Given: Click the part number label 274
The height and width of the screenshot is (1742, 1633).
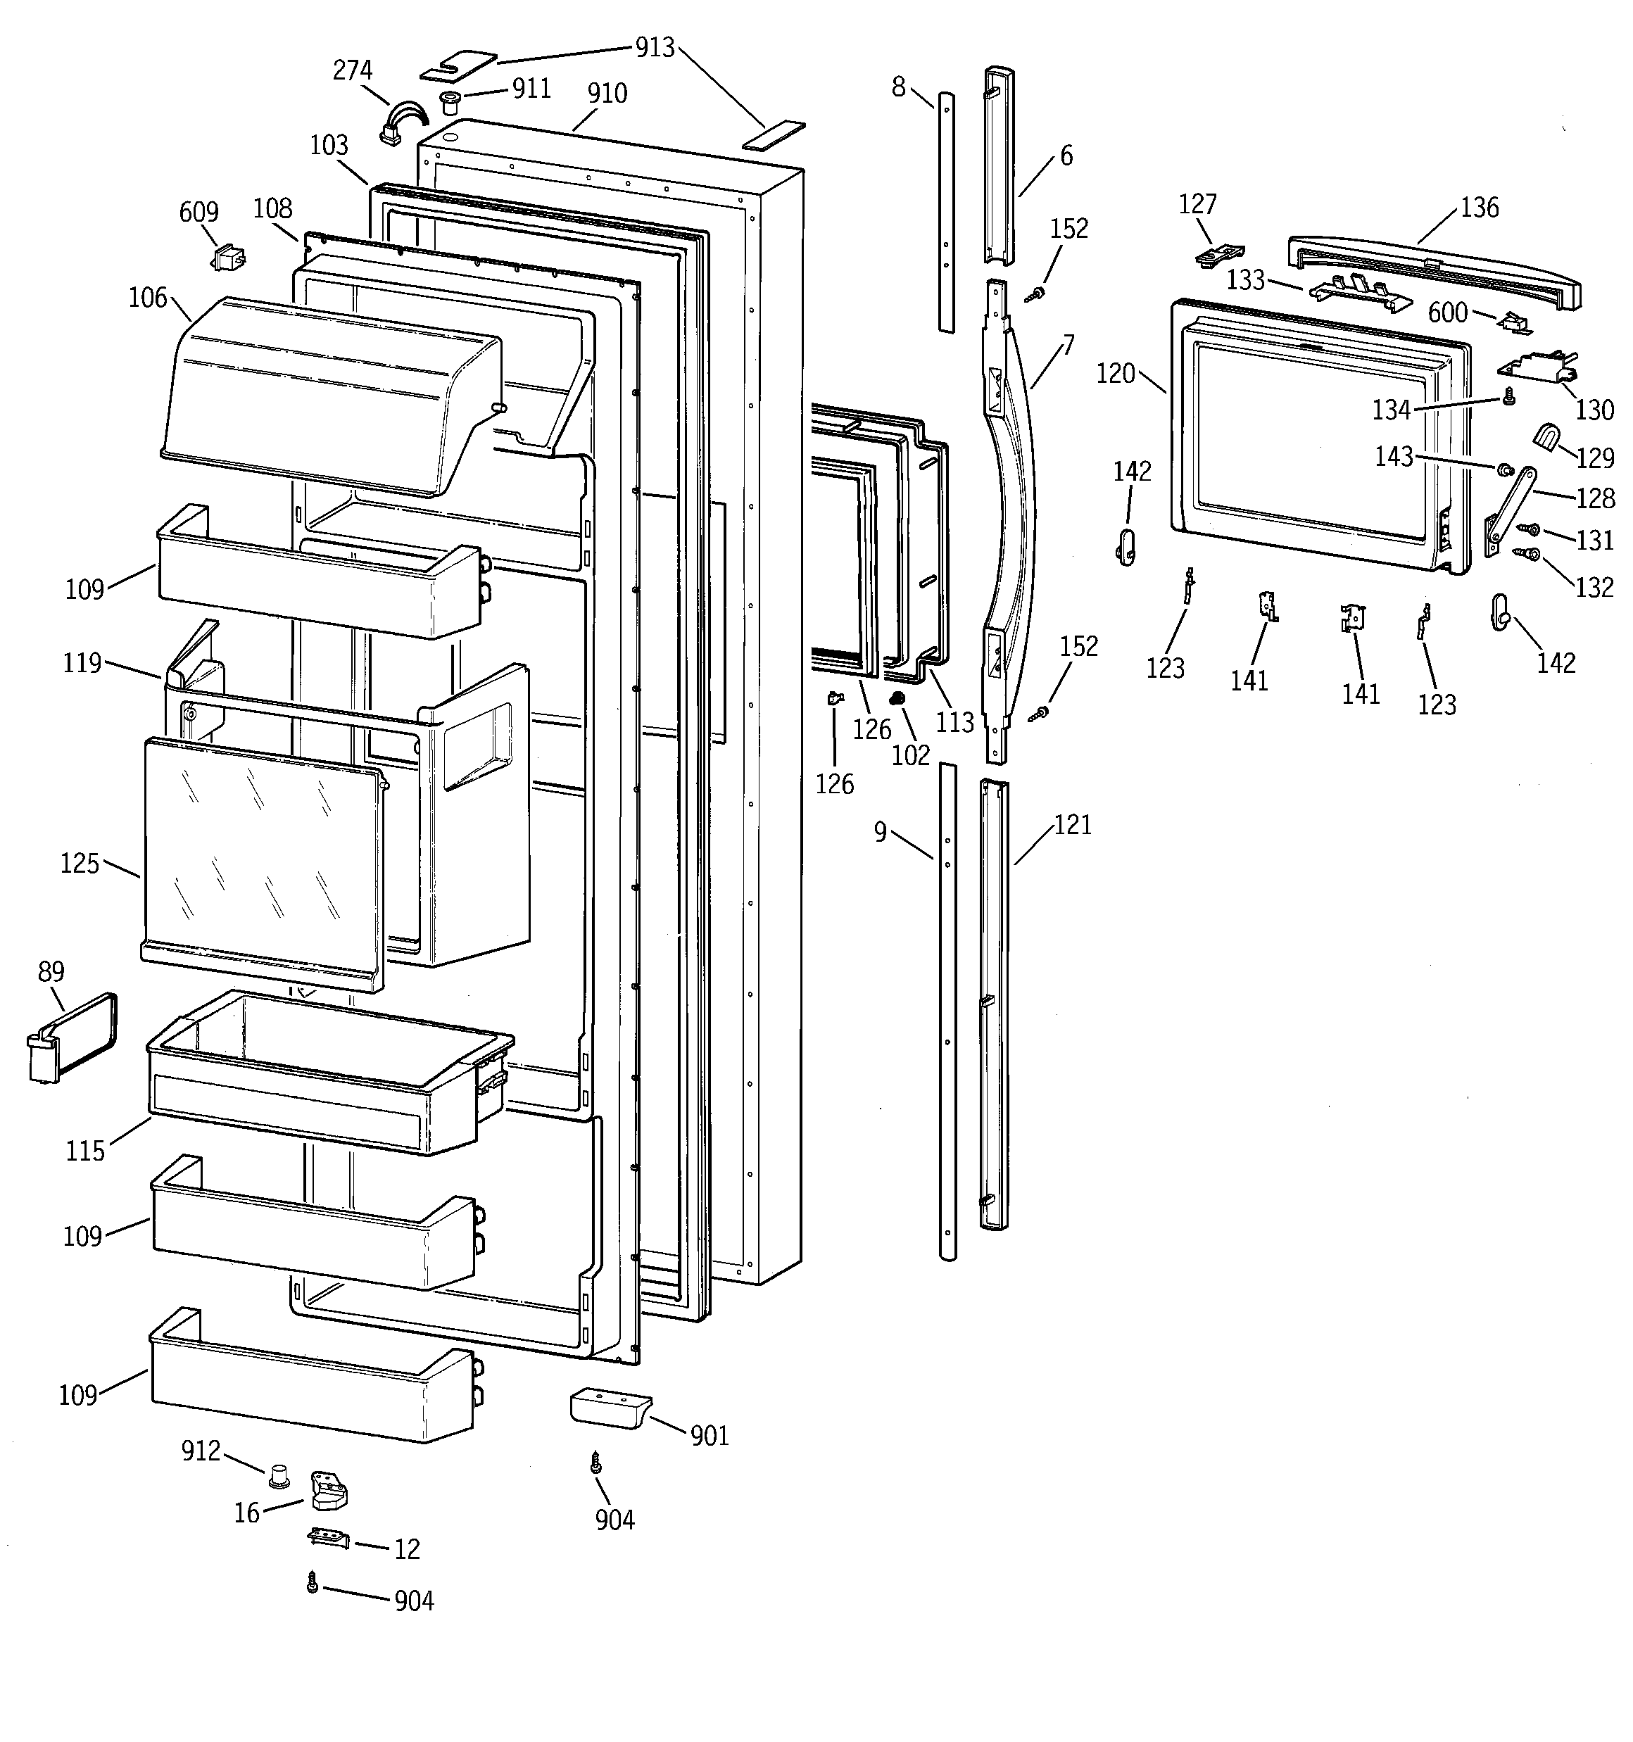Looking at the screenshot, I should pos(353,70).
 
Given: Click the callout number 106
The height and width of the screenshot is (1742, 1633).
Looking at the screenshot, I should pos(147,298).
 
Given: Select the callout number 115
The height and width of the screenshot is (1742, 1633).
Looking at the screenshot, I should pos(85,1151).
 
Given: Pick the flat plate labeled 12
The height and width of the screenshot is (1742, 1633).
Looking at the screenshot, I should pos(329,1539).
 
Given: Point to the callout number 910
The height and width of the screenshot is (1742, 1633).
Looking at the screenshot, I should pos(607,94).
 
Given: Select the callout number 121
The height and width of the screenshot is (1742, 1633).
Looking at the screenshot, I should pos(1072,825).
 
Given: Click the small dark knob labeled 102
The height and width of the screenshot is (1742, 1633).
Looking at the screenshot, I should pos(897,698).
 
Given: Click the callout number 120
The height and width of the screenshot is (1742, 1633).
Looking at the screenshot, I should pos(1116,374).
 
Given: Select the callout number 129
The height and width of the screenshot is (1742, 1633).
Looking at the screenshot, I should pos(1594,457).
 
